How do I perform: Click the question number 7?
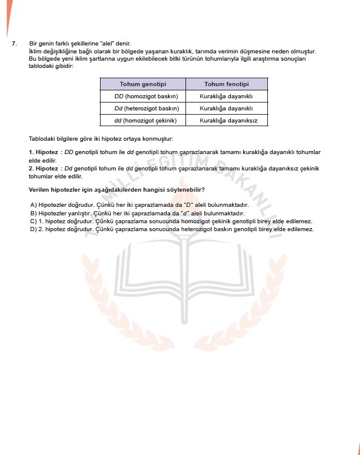[x=14, y=44]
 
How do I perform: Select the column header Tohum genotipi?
[x=142, y=84]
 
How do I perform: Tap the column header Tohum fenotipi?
[x=226, y=84]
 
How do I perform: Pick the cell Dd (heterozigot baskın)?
[x=147, y=109]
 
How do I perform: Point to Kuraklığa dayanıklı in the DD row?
[x=226, y=96]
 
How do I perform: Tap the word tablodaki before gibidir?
[x=42, y=66]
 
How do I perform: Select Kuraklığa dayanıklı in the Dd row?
[x=226, y=109]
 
